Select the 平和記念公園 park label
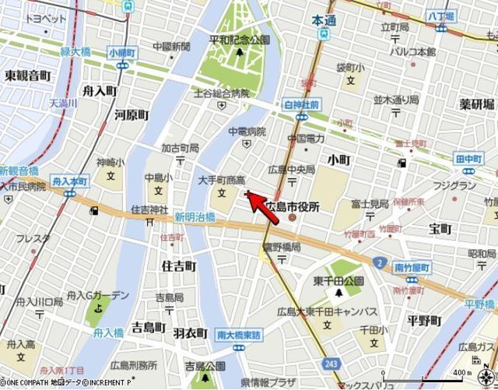coord(239,39)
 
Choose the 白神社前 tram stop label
coord(303,104)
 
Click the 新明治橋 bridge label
coord(195,217)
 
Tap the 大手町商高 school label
coord(222,179)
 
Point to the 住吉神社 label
coord(149,209)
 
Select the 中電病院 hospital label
coord(247,132)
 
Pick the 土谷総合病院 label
coord(221,93)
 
